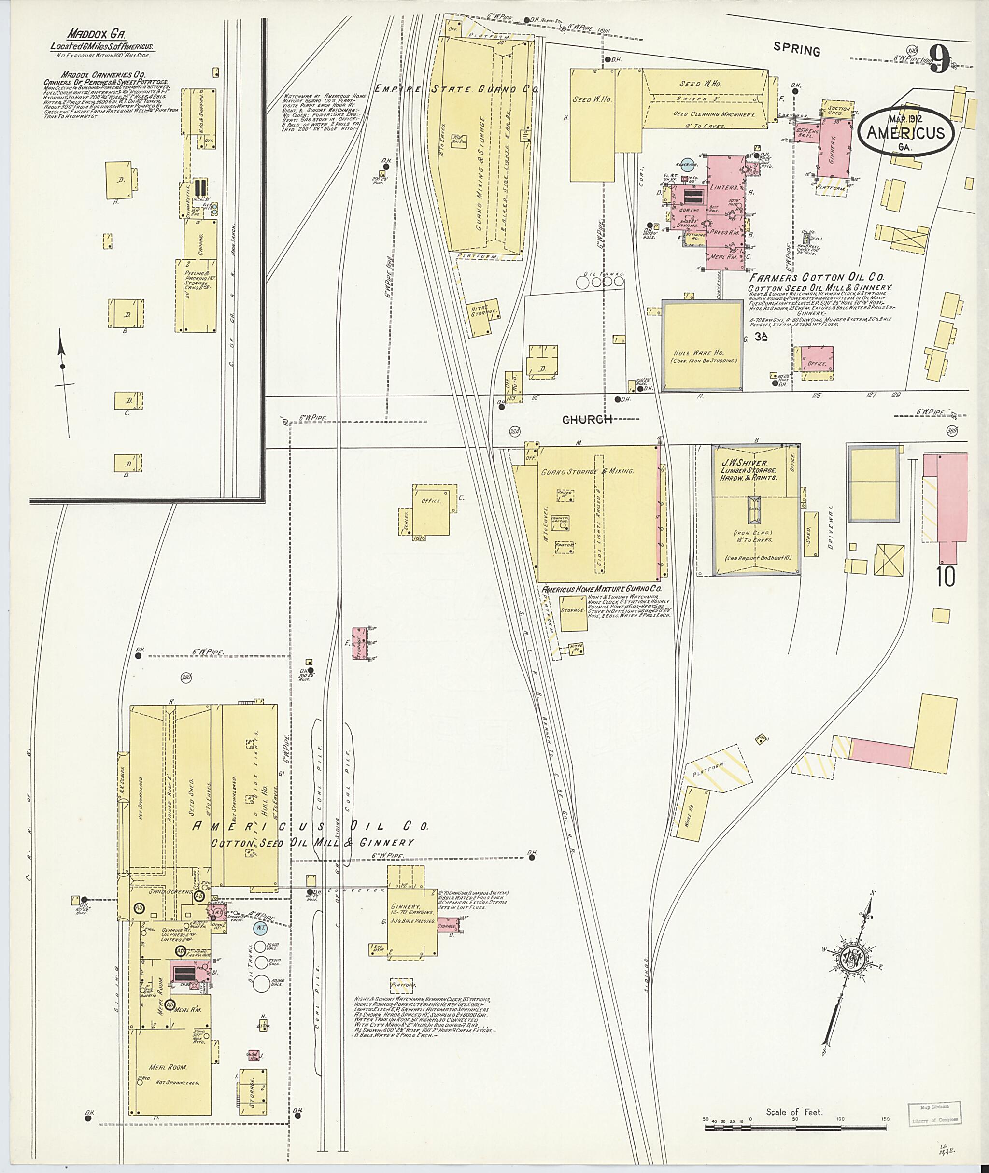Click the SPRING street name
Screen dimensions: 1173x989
point(796,50)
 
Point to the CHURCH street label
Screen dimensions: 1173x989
point(586,419)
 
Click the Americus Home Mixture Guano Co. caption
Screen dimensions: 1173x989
point(602,589)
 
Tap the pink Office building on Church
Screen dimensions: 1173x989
point(816,359)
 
